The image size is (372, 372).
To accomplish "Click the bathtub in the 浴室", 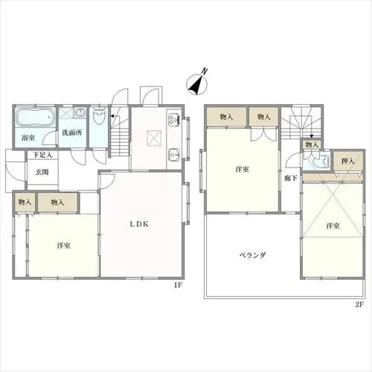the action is coord(36,118).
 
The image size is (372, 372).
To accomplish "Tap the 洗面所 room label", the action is coord(72,132).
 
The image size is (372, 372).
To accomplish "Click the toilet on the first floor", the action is coord(99,115).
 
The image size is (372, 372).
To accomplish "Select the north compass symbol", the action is coord(197,83).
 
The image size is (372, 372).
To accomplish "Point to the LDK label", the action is coord(139,224).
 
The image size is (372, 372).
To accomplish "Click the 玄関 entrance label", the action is coord(42,172).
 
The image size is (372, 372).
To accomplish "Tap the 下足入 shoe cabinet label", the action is coord(42,155).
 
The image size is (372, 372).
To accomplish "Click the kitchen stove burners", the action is coord(174,119).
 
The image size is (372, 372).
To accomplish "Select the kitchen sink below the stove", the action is coord(174,155).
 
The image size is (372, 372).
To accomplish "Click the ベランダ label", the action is coord(253,255).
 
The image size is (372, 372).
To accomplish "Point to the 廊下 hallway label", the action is coord(291,178).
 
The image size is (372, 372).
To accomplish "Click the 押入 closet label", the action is coord(347,161).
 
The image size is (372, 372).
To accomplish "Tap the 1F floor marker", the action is coord(178,285).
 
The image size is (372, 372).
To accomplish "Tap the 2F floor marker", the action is coord(359,305).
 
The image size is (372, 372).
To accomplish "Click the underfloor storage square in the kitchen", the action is coord(154,137).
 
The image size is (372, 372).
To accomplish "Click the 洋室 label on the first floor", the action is coord(64,246).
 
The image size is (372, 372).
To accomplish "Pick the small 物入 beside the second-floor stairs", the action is coord(312,144).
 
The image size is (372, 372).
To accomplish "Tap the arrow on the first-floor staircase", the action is coord(112,116).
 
